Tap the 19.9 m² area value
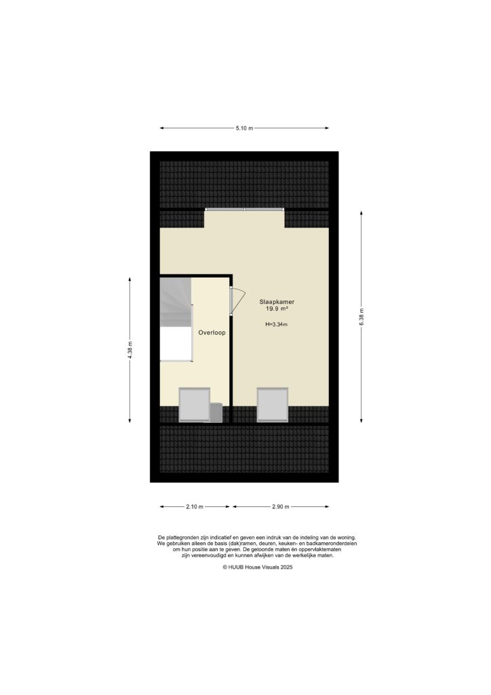point(277,309)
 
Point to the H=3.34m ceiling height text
point(277,324)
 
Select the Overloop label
point(212,333)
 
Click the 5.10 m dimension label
point(244,128)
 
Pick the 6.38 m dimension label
point(361,316)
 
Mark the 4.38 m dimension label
point(130,349)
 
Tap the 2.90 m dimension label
point(280,506)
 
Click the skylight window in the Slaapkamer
point(273,405)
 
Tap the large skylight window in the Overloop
point(193,405)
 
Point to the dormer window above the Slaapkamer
point(244,210)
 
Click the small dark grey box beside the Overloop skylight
point(216,412)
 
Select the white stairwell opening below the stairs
point(176,343)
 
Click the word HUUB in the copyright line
point(237,567)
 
